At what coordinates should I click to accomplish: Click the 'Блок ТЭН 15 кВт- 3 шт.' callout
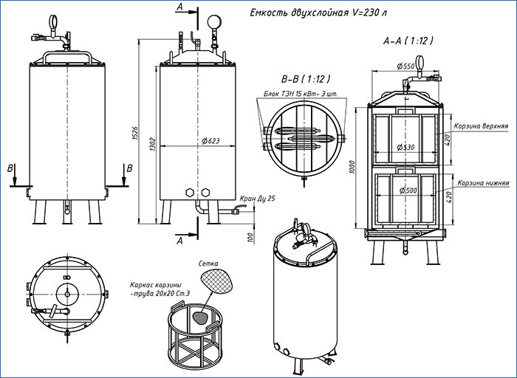tap(299, 94)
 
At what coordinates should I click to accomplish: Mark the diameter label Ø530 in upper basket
tap(405, 148)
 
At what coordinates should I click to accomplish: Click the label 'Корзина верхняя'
tap(481, 126)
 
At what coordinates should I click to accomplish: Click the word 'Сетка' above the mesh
tap(208, 263)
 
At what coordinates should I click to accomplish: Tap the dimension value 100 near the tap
tap(251, 237)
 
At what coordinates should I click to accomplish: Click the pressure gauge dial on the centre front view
tap(215, 20)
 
